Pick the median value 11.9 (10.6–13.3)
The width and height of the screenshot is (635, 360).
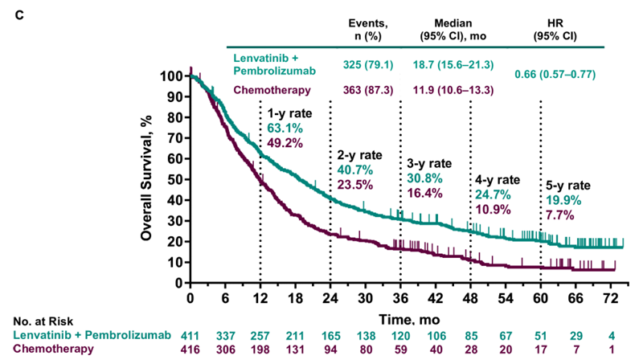[453, 89]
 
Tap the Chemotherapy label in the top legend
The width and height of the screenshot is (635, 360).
[270, 89]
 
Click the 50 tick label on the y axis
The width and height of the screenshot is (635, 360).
[175, 180]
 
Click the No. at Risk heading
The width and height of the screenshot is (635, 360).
[38, 320]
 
